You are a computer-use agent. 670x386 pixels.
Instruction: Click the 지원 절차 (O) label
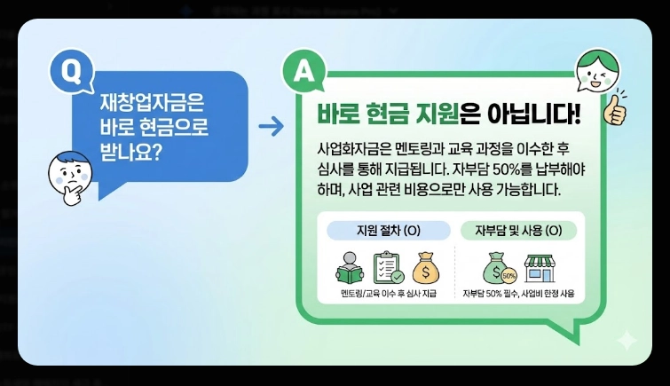(x=388, y=231)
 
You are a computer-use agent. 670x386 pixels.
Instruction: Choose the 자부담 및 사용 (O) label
(x=519, y=231)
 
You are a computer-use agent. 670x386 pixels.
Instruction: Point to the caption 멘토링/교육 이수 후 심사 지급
(x=388, y=294)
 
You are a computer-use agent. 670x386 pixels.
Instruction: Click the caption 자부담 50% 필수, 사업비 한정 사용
(x=518, y=294)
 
